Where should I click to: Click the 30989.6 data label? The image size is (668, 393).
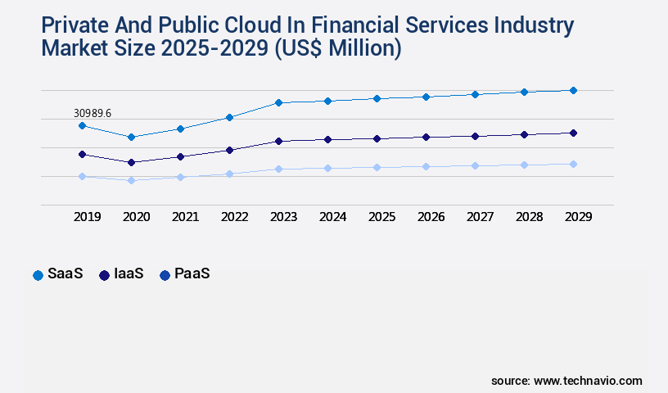(x=92, y=112)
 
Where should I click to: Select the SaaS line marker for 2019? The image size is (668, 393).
(x=82, y=125)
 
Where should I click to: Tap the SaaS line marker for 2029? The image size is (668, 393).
(x=573, y=90)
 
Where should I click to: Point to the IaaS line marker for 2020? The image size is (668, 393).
(x=131, y=162)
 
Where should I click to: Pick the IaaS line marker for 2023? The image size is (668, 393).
(x=278, y=141)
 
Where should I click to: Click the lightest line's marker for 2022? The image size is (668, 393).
(x=229, y=174)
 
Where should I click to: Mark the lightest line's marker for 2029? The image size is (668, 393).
(x=573, y=164)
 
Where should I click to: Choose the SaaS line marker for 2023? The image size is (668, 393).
(x=278, y=102)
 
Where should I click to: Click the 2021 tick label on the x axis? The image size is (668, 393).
(x=185, y=217)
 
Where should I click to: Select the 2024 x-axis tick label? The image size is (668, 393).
(x=332, y=217)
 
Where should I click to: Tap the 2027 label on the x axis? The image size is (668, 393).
(x=480, y=217)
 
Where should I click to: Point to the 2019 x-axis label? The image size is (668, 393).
(x=87, y=217)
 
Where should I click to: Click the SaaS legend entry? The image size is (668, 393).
(x=59, y=274)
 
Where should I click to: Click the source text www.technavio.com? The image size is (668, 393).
(x=588, y=381)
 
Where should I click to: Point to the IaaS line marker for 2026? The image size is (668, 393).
(x=426, y=137)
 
